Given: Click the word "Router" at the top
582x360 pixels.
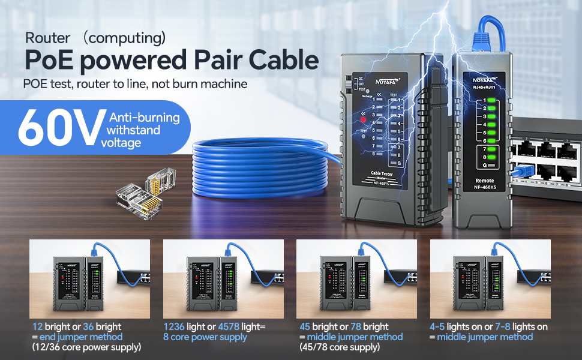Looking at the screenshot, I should click(x=47, y=38).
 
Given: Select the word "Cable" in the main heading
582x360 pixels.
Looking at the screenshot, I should click(x=281, y=61).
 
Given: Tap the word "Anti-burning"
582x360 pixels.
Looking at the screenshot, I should click(x=144, y=118).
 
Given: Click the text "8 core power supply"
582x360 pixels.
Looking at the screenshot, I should click(x=205, y=337).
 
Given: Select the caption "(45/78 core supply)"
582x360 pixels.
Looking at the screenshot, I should click(x=339, y=347).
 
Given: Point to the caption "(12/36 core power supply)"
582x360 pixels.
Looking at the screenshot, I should click(x=86, y=347).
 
